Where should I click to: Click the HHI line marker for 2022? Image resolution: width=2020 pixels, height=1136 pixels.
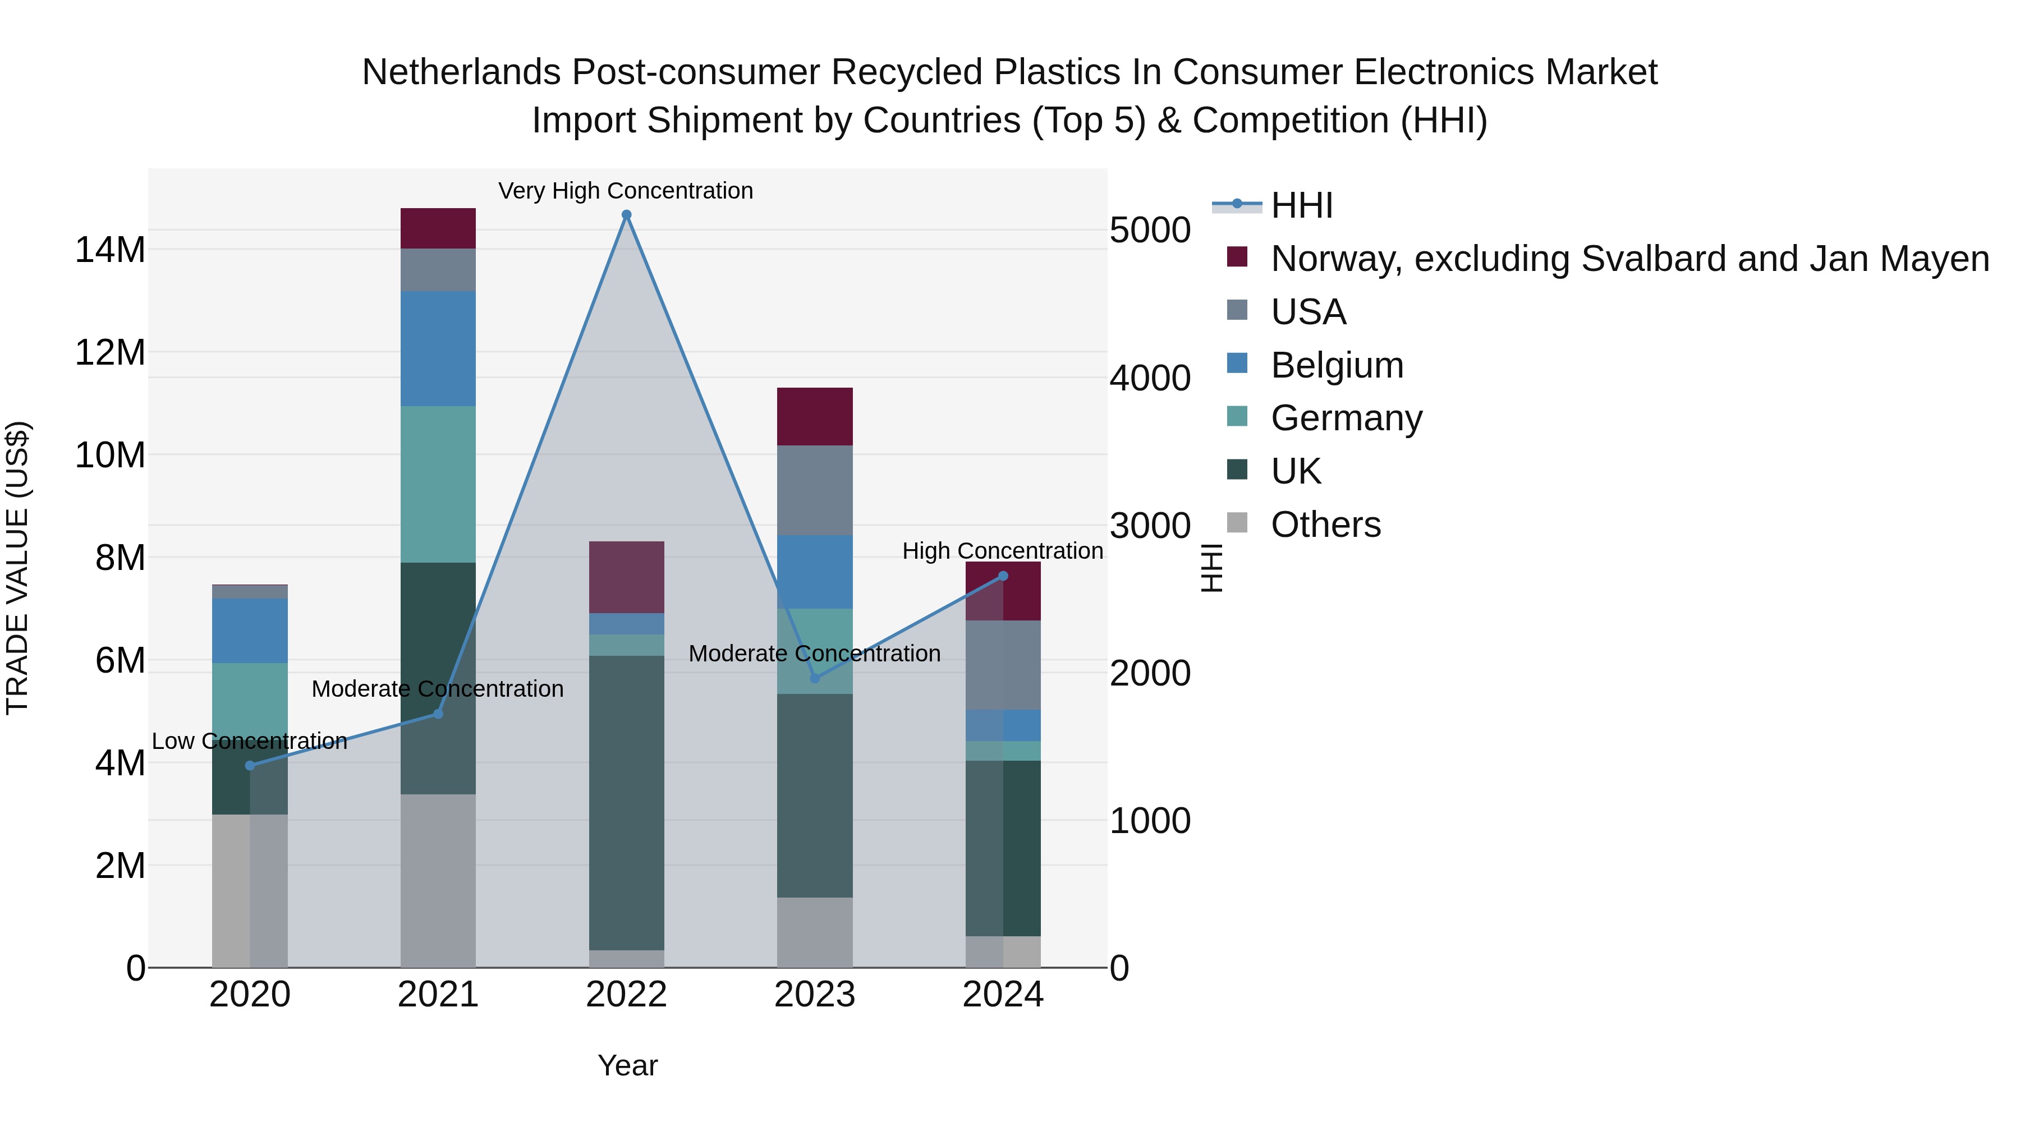coord(627,215)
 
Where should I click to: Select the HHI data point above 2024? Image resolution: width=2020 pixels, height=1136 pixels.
coord(1003,576)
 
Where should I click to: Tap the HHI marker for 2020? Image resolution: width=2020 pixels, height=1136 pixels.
coord(250,765)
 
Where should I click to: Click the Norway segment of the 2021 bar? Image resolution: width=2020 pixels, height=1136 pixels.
coord(438,228)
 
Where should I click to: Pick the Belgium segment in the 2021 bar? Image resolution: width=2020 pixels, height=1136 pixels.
coord(438,349)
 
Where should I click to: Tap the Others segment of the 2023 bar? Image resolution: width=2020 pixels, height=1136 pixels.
coord(815,932)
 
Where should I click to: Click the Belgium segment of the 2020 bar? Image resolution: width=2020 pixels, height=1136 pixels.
coord(250,631)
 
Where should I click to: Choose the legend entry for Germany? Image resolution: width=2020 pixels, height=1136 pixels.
coord(1346,418)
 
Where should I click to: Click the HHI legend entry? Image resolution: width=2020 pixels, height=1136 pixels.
coord(1302,205)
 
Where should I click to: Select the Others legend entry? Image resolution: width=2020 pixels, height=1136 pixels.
coord(1325,525)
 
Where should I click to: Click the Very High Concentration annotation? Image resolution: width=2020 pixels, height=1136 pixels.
coord(626,191)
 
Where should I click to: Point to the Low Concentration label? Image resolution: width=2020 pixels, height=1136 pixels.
coord(249,741)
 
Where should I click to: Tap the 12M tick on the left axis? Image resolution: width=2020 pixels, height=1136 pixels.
coord(110,353)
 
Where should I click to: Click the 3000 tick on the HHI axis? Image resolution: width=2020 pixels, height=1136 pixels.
coord(1150,526)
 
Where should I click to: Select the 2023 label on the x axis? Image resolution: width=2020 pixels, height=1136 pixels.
coord(815,995)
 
